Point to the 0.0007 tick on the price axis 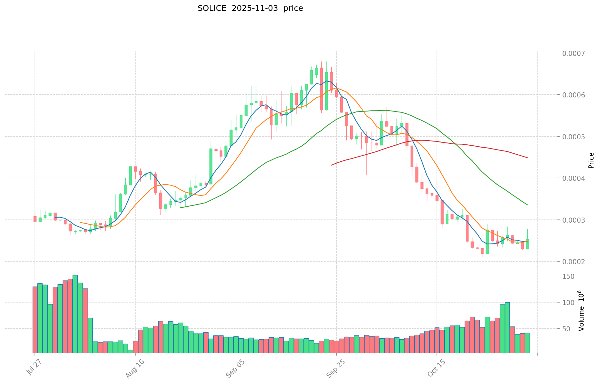[575, 53]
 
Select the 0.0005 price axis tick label [575, 137]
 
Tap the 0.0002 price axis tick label [575, 262]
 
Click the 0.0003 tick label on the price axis [575, 220]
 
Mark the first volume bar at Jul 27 [35, 319]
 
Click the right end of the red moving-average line [527, 158]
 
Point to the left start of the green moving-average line [181, 208]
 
